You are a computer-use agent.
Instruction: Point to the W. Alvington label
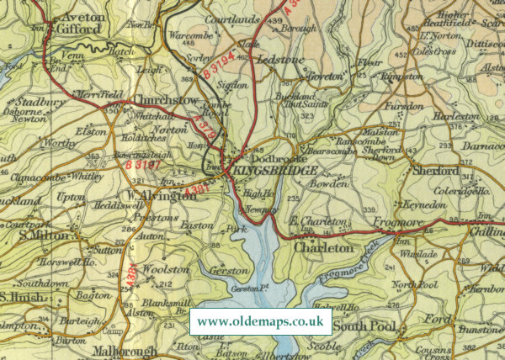[x=155, y=196]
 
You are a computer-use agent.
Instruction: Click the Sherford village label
[x=436, y=171]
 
